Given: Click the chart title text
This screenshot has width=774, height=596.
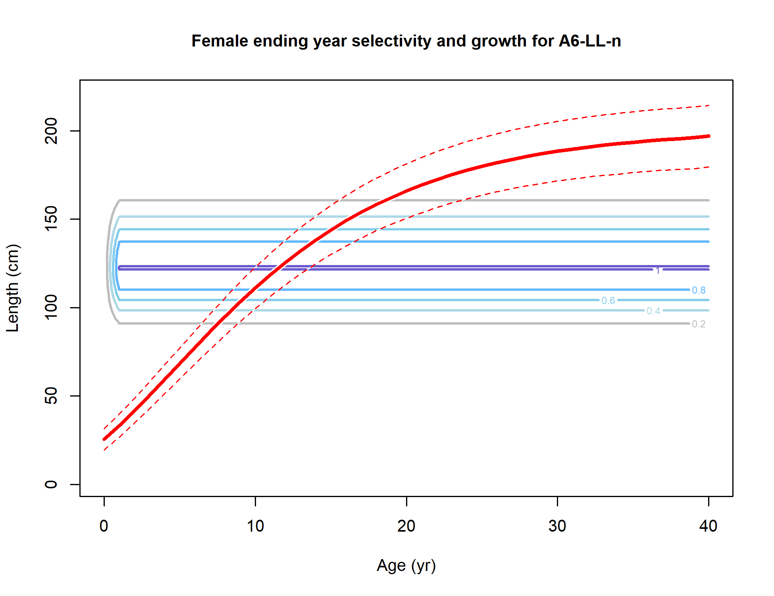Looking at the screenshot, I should [x=406, y=41].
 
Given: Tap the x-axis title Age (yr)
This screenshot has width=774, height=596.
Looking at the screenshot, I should [x=406, y=566].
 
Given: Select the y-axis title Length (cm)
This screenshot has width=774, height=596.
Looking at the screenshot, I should [x=13, y=288].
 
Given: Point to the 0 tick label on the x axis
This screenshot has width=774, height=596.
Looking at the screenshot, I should [x=104, y=526].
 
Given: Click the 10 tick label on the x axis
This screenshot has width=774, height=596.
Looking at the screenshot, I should [x=255, y=526].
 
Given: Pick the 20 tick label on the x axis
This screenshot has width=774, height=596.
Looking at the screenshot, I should [x=406, y=526].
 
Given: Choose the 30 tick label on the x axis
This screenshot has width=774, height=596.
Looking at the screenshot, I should [x=557, y=526].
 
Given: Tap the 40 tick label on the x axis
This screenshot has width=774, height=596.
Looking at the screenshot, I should [x=709, y=526].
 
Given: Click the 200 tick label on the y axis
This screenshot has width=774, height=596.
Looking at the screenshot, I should [x=51, y=131].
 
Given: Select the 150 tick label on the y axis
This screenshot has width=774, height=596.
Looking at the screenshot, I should [x=51, y=219].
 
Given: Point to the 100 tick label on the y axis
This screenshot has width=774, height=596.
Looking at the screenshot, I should [x=51, y=307].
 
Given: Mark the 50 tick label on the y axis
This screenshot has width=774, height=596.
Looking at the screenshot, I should [x=51, y=396].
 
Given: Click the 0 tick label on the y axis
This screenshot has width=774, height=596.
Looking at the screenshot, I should [x=51, y=484].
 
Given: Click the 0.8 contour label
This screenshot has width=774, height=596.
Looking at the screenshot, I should [x=699, y=290].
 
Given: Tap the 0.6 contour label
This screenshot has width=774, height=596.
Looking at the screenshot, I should [x=608, y=301].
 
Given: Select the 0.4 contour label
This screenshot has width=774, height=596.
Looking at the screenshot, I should [x=653, y=311].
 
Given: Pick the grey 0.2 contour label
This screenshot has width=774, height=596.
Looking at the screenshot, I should [x=699, y=324].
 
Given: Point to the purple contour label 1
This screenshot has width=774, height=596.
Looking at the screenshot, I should [x=658, y=271].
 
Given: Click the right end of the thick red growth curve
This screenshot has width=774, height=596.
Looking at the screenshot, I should [x=708, y=136].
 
